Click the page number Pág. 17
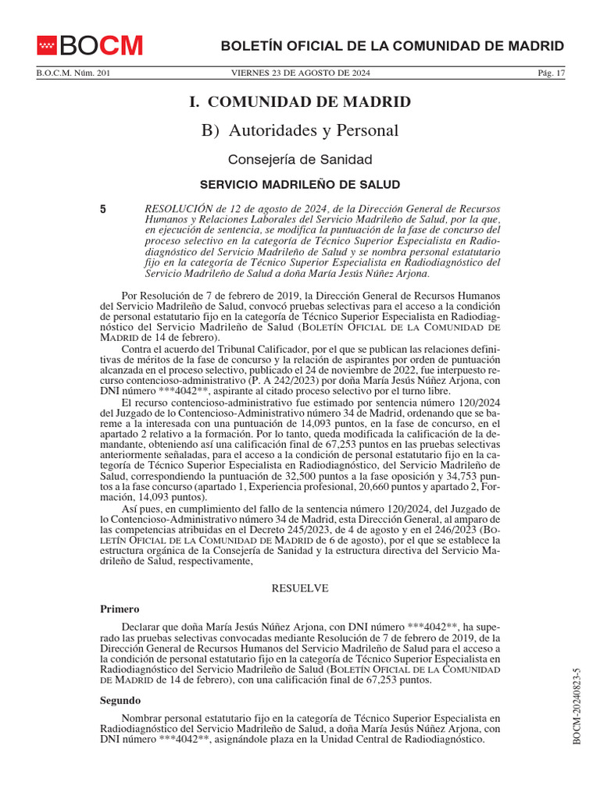(551, 73)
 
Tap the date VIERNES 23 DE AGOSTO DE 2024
(301, 73)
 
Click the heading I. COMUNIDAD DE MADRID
(300, 102)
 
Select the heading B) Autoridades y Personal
(300, 130)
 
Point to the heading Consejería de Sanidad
(300, 159)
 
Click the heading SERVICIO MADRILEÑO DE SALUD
(300, 185)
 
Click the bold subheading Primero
(119, 609)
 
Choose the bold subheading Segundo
(120, 700)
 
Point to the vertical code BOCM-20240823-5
(577, 706)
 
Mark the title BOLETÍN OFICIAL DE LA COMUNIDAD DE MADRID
(391, 46)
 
